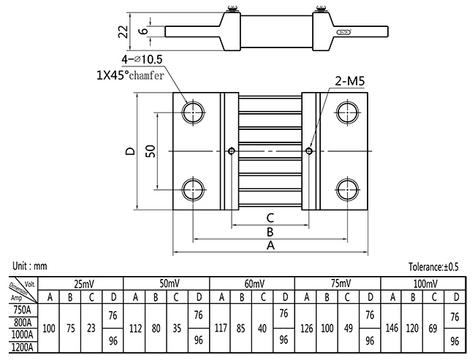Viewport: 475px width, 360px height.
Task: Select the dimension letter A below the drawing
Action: tap(270, 246)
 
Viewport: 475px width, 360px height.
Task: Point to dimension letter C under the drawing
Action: tap(270, 217)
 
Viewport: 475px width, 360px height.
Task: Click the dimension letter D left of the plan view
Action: tap(129, 152)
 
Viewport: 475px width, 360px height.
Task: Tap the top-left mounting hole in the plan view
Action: tap(194, 112)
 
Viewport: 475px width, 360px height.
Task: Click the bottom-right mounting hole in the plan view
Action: tap(346, 188)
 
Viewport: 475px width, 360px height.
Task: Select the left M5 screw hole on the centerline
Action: tap(232, 151)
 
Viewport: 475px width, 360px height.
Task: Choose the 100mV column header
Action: tap(424, 283)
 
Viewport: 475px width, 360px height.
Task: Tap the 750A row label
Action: tap(23, 309)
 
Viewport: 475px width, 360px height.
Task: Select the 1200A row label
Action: tap(23, 348)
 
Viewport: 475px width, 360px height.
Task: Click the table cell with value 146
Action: tap(392, 329)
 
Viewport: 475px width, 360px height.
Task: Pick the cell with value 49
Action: tap(349, 329)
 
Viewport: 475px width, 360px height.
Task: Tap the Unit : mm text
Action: tap(31, 267)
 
